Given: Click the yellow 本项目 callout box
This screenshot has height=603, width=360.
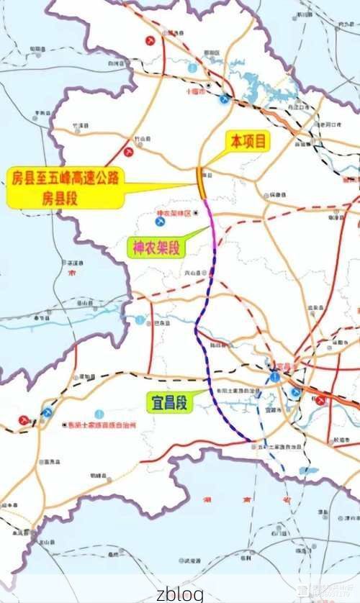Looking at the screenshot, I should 247,141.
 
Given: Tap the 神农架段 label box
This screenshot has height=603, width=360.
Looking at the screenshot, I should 156,249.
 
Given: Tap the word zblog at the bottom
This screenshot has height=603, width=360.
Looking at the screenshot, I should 179,594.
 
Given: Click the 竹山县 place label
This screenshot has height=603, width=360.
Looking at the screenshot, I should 144,138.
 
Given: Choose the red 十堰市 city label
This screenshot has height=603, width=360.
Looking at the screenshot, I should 196,92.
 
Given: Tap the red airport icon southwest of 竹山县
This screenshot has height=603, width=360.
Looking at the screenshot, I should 129,152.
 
